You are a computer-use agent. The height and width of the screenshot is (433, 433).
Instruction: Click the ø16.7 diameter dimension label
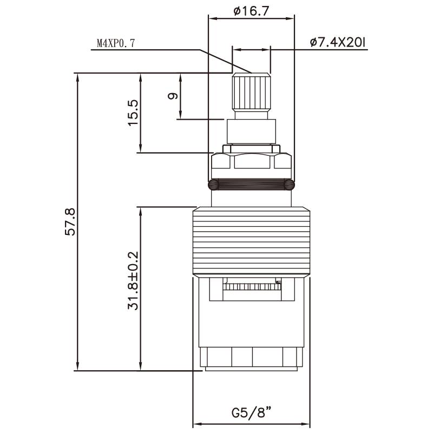251,10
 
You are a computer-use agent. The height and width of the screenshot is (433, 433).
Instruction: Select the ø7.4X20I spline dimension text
339,42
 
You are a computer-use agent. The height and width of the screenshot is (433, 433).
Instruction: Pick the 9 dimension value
173,96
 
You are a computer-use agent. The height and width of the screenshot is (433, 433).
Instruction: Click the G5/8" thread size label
251,413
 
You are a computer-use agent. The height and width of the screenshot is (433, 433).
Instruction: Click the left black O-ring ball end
214,185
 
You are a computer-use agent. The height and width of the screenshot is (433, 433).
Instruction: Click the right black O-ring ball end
291,185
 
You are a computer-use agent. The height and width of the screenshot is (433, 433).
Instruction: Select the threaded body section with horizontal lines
252,241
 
